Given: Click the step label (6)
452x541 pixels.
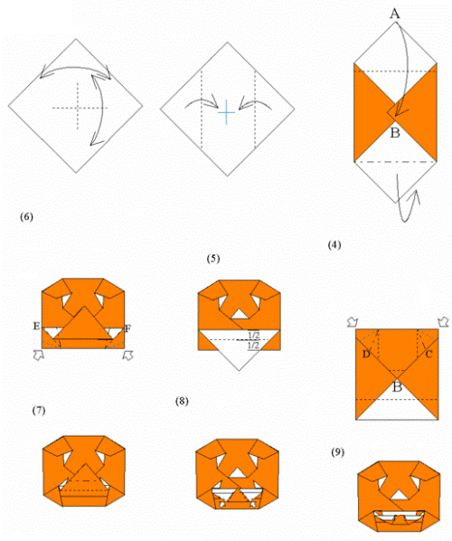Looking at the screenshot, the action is tap(26, 217).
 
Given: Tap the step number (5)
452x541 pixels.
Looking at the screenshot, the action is tap(213, 259).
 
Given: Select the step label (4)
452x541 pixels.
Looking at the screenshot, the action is tap(334, 245).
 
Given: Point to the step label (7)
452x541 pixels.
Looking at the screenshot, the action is tap(39, 411).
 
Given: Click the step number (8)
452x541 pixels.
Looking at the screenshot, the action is tap(182, 401).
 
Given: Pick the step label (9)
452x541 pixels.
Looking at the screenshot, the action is tap(338, 452).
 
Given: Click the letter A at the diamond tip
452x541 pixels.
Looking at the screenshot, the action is tap(395, 14).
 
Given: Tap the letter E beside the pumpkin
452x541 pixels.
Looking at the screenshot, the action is tap(36, 326).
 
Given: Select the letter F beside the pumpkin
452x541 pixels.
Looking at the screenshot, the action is tap(127, 328).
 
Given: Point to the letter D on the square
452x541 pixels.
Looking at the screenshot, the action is tap(366, 355).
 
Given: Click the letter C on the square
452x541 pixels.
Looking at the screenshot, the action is tap(428, 355).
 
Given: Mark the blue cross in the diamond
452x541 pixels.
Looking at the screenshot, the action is tap(226, 112).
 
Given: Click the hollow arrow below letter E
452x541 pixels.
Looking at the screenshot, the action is tap(39, 355).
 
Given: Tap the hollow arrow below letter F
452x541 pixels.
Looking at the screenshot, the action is tap(128, 356).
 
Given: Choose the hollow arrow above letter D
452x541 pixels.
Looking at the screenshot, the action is tap(353, 322).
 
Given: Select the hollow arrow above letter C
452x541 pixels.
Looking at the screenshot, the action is tap(443, 322).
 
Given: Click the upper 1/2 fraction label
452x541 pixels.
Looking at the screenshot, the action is tap(254, 335).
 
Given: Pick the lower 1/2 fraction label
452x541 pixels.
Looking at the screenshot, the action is tap(254, 345).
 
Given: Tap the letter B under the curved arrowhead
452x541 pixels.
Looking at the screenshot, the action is tap(395, 132).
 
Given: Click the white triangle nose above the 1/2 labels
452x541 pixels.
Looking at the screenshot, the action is tap(240, 315).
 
